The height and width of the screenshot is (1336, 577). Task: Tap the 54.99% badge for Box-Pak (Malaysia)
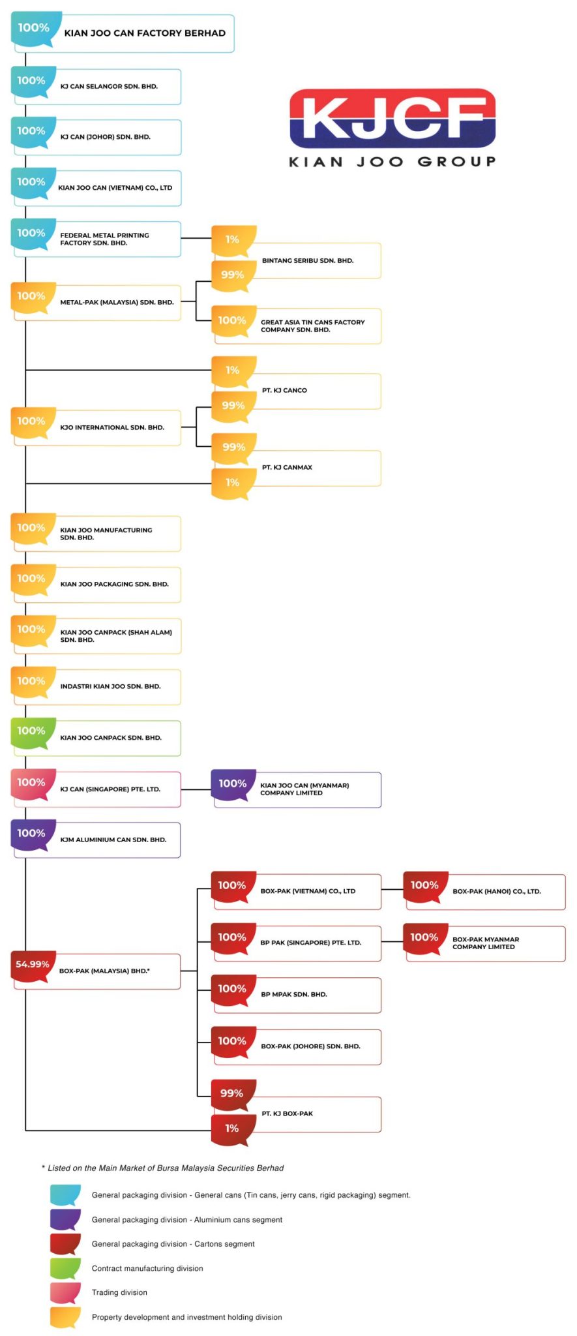pos(33,964)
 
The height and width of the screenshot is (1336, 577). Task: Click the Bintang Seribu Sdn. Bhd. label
pos(308,260)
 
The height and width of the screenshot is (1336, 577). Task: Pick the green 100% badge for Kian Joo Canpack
pos(32,731)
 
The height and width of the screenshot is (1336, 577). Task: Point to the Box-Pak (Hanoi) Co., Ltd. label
pos(496,891)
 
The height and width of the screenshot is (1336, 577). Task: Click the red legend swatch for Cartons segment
pos(65,1243)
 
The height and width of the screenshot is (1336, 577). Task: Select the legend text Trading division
pos(119,1292)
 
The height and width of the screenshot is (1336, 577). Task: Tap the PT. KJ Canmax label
pos(287,467)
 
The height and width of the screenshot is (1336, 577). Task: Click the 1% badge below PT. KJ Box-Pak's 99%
pos(232,1128)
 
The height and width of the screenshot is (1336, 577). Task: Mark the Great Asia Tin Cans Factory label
pos(312,326)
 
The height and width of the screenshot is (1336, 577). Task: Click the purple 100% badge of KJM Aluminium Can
pos(32,834)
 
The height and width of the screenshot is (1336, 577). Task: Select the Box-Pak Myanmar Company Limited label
pos(485,943)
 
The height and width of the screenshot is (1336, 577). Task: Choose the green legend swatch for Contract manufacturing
pos(65,1268)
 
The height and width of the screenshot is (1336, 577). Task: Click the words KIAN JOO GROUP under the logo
pos(392,162)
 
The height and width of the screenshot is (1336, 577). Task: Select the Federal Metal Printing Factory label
pos(104,239)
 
